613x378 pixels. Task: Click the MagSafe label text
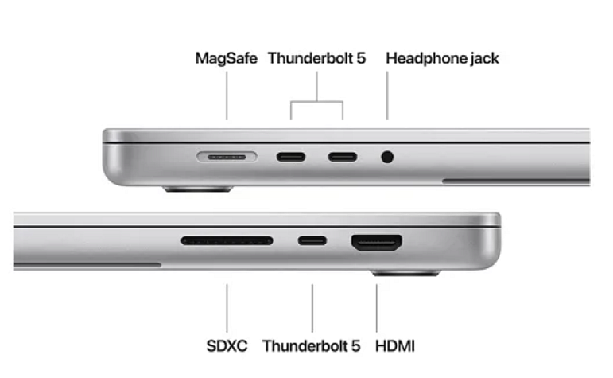point(227,58)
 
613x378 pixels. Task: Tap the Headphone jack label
point(442,58)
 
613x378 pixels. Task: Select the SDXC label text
point(227,346)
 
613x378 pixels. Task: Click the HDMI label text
point(395,346)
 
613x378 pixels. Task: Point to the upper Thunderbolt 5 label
point(316,58)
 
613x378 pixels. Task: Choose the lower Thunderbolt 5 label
point(311,346)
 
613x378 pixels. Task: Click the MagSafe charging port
point(227,157)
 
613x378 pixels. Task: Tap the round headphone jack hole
point(387,157)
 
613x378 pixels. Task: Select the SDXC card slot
point(227,240)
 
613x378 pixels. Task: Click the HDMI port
point(377,243)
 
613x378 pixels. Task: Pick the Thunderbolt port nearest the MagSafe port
point(291,157)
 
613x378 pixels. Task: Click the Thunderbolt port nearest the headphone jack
point(343,157)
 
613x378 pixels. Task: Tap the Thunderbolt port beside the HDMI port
point(312,240)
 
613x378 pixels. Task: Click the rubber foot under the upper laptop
point(198,189)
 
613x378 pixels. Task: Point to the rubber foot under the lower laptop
point(405,273)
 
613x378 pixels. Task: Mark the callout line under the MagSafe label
point(227,95)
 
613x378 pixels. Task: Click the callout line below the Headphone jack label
point(387,95)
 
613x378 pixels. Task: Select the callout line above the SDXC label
point(227,308)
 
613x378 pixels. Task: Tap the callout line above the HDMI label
point(377,308)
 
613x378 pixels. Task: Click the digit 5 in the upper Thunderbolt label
point(361,58)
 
